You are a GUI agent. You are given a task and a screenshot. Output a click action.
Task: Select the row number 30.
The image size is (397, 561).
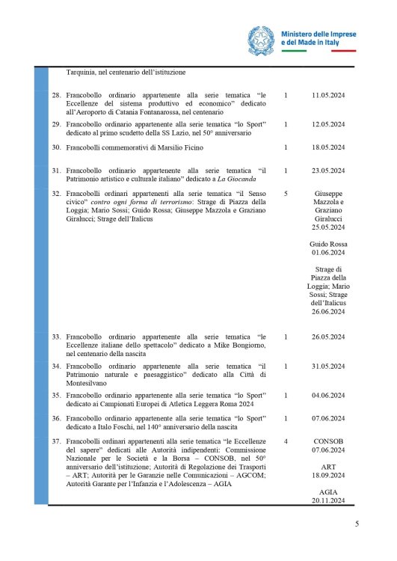pos(55,148)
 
